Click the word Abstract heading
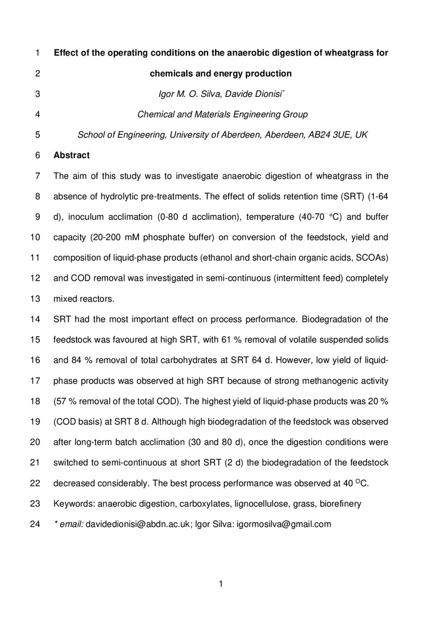point(71,155)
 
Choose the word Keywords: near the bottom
point(73,504)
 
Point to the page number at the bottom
point(221,584)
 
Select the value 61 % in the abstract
point(228,340)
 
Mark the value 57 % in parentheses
point(66,401)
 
